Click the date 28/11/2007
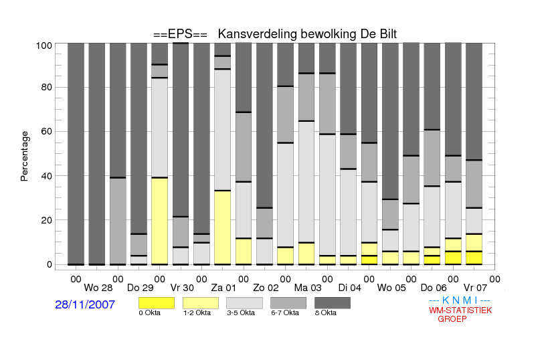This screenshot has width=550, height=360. [85, 304]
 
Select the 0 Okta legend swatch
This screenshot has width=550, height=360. [157, 303]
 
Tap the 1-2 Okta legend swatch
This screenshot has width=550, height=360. [201, 303]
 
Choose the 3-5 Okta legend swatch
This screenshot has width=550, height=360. [244, 303]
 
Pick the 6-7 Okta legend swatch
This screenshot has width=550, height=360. [288, 303]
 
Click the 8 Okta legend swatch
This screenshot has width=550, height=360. [333, 303]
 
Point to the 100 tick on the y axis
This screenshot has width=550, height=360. [44, 46]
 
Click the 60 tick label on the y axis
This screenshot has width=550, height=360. [47, 131]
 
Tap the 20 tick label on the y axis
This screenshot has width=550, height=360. [47, 220]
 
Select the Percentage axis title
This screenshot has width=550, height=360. [24, 156]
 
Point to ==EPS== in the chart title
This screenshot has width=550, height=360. [180, 34]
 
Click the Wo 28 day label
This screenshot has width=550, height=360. [98, 288]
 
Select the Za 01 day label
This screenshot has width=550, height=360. [223, 288]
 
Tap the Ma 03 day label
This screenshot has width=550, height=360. [308, 288]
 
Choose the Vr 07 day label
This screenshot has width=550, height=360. [475, 288]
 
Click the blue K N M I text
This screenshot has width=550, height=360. [460, 300]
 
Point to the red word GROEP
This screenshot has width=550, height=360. [452, 319]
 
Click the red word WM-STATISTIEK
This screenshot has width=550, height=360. [460, 310]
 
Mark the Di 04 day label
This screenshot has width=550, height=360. [349, 288]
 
